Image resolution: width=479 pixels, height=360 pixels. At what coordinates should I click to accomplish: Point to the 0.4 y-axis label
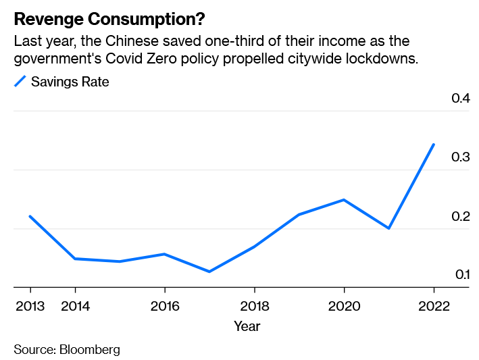tap(461, 99)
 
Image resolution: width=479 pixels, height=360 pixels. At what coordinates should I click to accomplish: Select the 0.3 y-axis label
tap(461, 157)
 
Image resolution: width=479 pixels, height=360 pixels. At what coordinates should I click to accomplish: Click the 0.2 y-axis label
tap(461, 217)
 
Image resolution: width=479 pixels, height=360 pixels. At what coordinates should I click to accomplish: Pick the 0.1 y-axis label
tap(461, 274)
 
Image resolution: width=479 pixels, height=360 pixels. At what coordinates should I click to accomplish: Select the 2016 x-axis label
tap(164, 306)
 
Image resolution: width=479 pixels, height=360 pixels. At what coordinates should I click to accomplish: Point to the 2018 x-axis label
tap(254, 306)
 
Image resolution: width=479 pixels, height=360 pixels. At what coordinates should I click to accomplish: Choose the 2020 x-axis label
tap(344, 306)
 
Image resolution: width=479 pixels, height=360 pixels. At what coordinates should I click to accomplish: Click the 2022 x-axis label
tap(434, 306)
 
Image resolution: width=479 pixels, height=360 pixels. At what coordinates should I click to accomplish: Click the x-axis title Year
tap(247, 326)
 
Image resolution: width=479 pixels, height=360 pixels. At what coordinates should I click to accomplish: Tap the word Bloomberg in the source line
tap(90, 349)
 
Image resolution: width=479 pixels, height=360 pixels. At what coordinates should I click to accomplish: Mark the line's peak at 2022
tap(434, 145)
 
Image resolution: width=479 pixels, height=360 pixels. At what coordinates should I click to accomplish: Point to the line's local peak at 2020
tap(344, 200)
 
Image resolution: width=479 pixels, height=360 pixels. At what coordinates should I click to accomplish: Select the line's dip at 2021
tap(388, 228)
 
